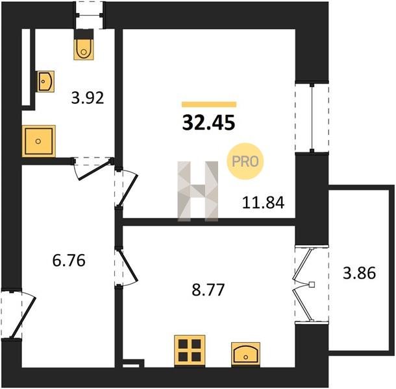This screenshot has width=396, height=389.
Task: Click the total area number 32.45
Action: pos(208,123)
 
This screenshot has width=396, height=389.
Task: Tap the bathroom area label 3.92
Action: pos(88,98)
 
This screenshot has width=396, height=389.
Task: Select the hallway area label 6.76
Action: pos(69,261)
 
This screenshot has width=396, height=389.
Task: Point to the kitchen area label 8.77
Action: pos(208,290)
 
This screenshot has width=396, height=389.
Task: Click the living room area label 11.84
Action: pos(263,202)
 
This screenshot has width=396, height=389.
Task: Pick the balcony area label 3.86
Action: pos(359,273)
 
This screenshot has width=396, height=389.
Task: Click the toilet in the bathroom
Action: pos(84,45)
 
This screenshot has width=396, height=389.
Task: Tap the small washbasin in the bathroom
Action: pos(45,81)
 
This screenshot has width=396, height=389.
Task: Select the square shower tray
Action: pos(39,141)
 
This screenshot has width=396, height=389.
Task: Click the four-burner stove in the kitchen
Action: pos(190,351)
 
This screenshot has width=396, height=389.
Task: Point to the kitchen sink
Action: pos(245,354)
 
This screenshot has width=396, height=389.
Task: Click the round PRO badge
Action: pos(245,161)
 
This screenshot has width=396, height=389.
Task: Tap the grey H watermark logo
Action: pos(198,191)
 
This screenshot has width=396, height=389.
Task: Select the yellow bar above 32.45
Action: pos(209,104)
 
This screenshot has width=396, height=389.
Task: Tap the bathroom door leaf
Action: pos(94,169)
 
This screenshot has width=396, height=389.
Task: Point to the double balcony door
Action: pos(303,285)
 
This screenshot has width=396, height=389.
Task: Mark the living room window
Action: pos(312,117)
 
